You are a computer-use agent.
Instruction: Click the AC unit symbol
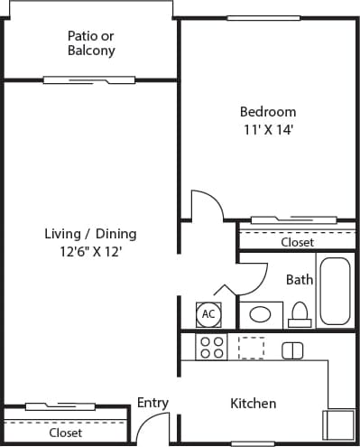(208, 314)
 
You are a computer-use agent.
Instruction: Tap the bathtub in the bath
(336, 292)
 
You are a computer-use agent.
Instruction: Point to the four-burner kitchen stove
(211, 348)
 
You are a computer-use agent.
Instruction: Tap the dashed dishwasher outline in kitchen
(250, 348)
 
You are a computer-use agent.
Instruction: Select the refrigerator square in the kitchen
(339, 424)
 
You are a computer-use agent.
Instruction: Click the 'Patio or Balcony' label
(91, 43)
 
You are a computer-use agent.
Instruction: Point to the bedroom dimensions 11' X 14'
(267, 129)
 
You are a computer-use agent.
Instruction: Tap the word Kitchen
(253, 404)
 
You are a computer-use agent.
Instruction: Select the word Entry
(152, 403)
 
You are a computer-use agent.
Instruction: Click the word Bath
(300, 280)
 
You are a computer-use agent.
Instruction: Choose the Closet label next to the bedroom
(297, 243)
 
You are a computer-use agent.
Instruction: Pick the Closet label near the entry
(66, 433)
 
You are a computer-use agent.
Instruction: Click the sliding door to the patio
(80, 79)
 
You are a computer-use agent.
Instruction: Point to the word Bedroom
(267, 112)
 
